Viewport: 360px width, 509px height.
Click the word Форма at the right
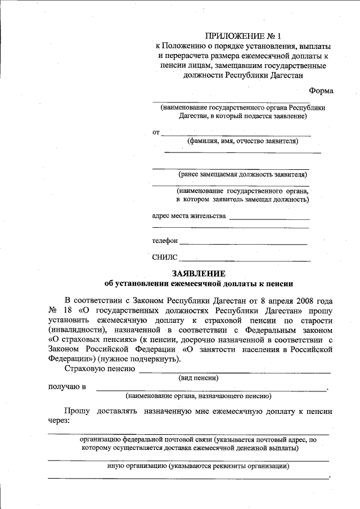(321, 91)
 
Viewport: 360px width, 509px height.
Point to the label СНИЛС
(164, 258)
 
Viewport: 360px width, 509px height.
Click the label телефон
(165, 241)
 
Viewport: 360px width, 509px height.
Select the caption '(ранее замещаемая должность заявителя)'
(243, 174)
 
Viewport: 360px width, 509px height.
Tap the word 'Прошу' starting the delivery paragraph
(77, 411)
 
